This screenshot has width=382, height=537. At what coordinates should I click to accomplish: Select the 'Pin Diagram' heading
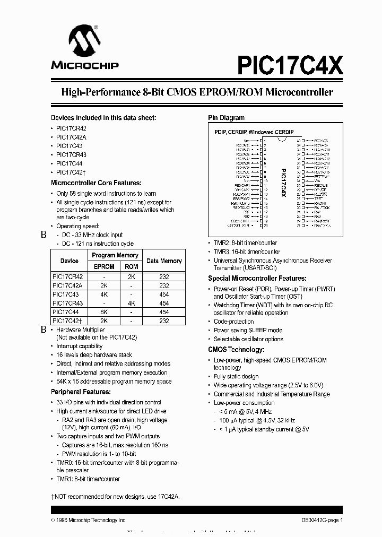[x=226, y=118]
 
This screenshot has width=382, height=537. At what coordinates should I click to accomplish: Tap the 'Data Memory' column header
[x=164, y=261]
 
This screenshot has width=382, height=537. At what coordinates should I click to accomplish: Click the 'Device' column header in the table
[x=70, y=261]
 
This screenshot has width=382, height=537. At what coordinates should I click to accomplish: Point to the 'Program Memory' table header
[x=115, y=255]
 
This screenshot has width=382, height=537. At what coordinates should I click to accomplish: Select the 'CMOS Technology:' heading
[x=236, y=350]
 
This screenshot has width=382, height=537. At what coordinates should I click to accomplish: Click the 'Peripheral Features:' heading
[x=81, y=392]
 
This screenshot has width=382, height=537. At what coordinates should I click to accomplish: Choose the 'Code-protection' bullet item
[x=233, y=322]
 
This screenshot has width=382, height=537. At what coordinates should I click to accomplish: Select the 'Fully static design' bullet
[x=236, y=377]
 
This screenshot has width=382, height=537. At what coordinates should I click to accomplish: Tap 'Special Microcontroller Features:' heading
[x=257, y=278]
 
